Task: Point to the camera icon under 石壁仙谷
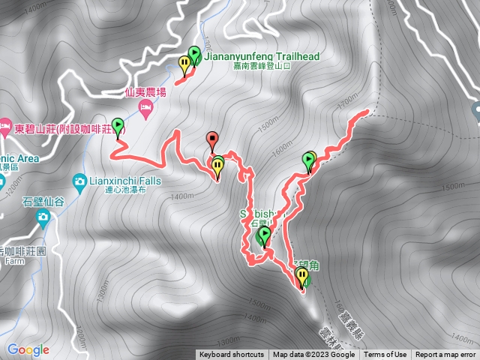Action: point(43,217)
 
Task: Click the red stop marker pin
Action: point(212,139)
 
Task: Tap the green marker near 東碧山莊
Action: point(118,126)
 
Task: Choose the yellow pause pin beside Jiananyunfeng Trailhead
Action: point(185,63)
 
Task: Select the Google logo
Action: point(28,349)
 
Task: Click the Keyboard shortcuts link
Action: point(231,355)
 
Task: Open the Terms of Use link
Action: point(385,355)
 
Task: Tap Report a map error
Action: point(445,355)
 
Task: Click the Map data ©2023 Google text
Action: point(316,355)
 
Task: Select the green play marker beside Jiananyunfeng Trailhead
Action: point(195,54)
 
